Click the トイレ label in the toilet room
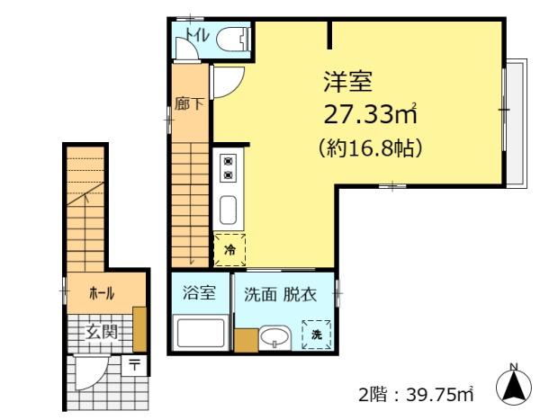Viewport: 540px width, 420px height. [197, 34]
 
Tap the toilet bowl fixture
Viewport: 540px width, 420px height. [233, 39]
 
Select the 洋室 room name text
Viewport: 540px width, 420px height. [347, 81]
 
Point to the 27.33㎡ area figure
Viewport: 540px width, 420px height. [371, 113]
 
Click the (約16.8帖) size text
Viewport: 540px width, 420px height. [371, 148]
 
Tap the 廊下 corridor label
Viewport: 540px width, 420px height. [189, 103]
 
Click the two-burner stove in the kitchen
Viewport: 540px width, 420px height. [228, 168]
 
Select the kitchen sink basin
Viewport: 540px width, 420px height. [228, 210]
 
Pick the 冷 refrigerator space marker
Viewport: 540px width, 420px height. [229, 250]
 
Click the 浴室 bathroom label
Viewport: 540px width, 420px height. [199, 292]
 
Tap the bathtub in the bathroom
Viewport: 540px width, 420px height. [199, 333]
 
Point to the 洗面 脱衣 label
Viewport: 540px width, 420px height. [280, 295]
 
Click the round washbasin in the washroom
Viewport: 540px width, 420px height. [274, 338]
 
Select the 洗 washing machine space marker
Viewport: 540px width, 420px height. [317, 335]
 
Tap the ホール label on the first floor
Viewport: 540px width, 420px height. [102, 294]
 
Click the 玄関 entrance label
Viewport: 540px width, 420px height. [102, 332]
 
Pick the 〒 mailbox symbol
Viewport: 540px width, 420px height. [135, 365]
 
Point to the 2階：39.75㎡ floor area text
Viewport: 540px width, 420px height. [416, 394]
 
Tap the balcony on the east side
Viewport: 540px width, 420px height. [517, 123]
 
